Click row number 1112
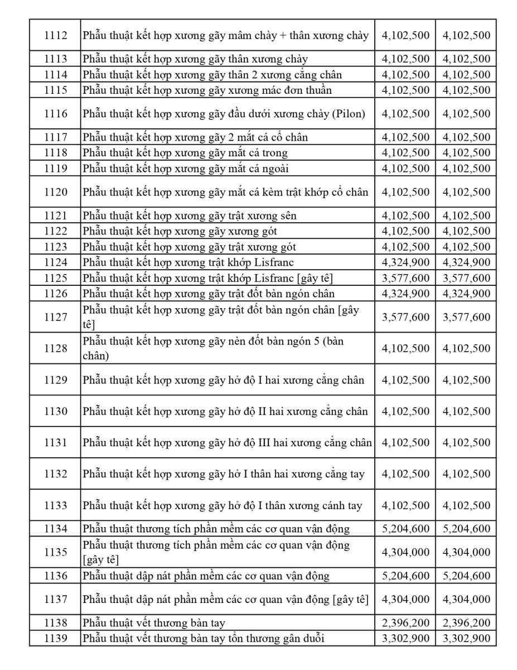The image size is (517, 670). [x=55, y=36]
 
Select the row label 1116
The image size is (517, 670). [x=55, y=114]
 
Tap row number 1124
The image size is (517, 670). [x=55, y=262]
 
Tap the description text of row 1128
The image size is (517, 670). [x=214, y=348]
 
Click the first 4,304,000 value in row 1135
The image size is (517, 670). [x=405, y=552]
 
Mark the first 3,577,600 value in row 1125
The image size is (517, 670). [x=405, y=278]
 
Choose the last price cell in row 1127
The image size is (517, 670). [x=466, y=317]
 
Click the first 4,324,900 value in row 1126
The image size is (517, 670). [x=405, y=294]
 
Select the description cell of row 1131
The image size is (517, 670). [x=228, y=443]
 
